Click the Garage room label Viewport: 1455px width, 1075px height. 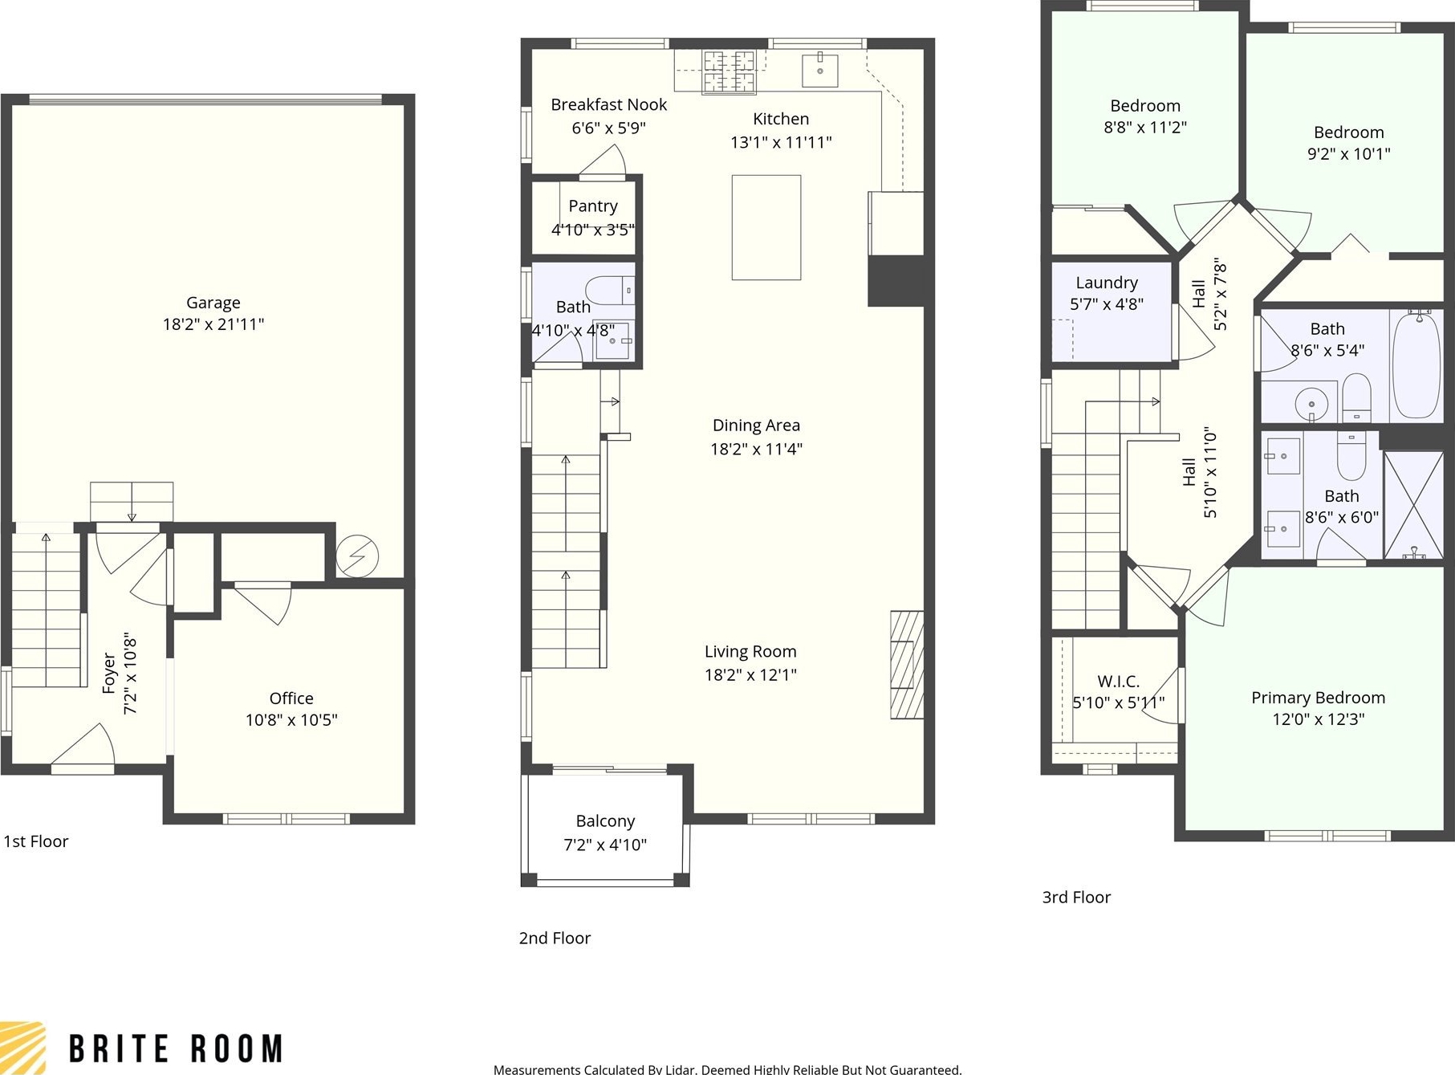click(x=213, y=303)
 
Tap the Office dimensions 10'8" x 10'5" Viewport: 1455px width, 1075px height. click(x=291, y=720)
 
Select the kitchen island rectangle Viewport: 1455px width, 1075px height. click(x=766, y=227)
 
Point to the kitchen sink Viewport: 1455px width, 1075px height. click(x=820, y=69)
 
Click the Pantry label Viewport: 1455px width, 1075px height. click(x=593, y=206)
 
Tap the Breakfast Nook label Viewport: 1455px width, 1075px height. click(x=609, y=104)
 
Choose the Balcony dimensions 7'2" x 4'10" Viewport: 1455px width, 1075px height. click(x=605, y=845)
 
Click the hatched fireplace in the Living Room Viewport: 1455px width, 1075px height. click(x=907, y=665)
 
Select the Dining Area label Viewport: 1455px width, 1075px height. click(x=756, y=426)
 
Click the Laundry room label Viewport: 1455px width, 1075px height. click(x=1107, y=283)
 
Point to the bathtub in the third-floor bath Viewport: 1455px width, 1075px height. click(x=1416, y=365)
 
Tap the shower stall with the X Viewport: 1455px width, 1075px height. click(x=1414, y=505)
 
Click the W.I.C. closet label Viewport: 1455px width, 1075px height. click(x=1119, y=682)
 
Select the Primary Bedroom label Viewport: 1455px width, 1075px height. click(x=1319, y=698)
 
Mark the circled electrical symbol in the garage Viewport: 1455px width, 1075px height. click(x=357, y=555)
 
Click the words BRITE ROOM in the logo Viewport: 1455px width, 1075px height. click(x=176, y=1049)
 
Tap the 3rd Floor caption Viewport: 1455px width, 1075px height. click(x=1076, y=898)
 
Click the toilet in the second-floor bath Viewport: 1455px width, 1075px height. click(x=610, y=290)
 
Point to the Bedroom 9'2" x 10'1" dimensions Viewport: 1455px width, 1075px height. click(x=1349, y=153)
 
